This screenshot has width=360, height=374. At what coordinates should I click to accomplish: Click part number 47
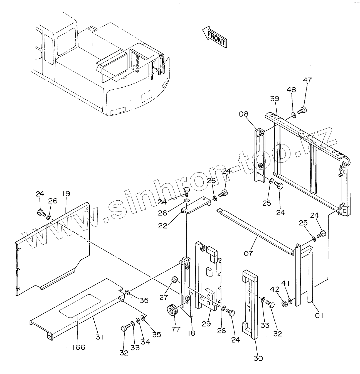pyautogui.click(x=307, y=80)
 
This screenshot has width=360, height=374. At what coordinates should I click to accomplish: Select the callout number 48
pyautogui.click(x=291, y=90)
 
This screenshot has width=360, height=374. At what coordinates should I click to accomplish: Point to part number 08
pyautogui.click(x=243, y=114)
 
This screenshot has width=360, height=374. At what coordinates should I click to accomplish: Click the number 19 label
pyautogui.click(x=66, y=194)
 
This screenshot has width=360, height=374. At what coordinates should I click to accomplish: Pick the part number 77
pyautogui.click(x=176, y=329)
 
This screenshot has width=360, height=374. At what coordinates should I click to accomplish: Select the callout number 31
pyautogui.click(x=100, y=337)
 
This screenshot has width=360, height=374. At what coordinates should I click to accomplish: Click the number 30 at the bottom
pyautogui.click(x=258, y=358)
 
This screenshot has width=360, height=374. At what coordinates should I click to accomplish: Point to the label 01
pyautogui.click(x=319, y=316)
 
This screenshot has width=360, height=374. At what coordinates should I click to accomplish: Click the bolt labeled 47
pyautogui.click(x=302, y=110)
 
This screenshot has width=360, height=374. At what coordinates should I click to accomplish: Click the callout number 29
pyautogui.click(x=207, y=324)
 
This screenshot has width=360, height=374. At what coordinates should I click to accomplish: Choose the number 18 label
pyautogui.click(x=191, y=333)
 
